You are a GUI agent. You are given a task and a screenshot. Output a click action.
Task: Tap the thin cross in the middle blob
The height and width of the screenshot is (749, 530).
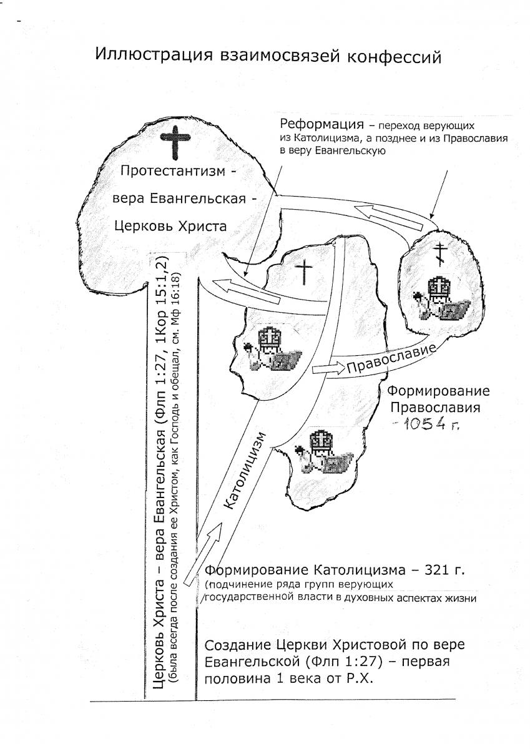click(303, 273)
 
